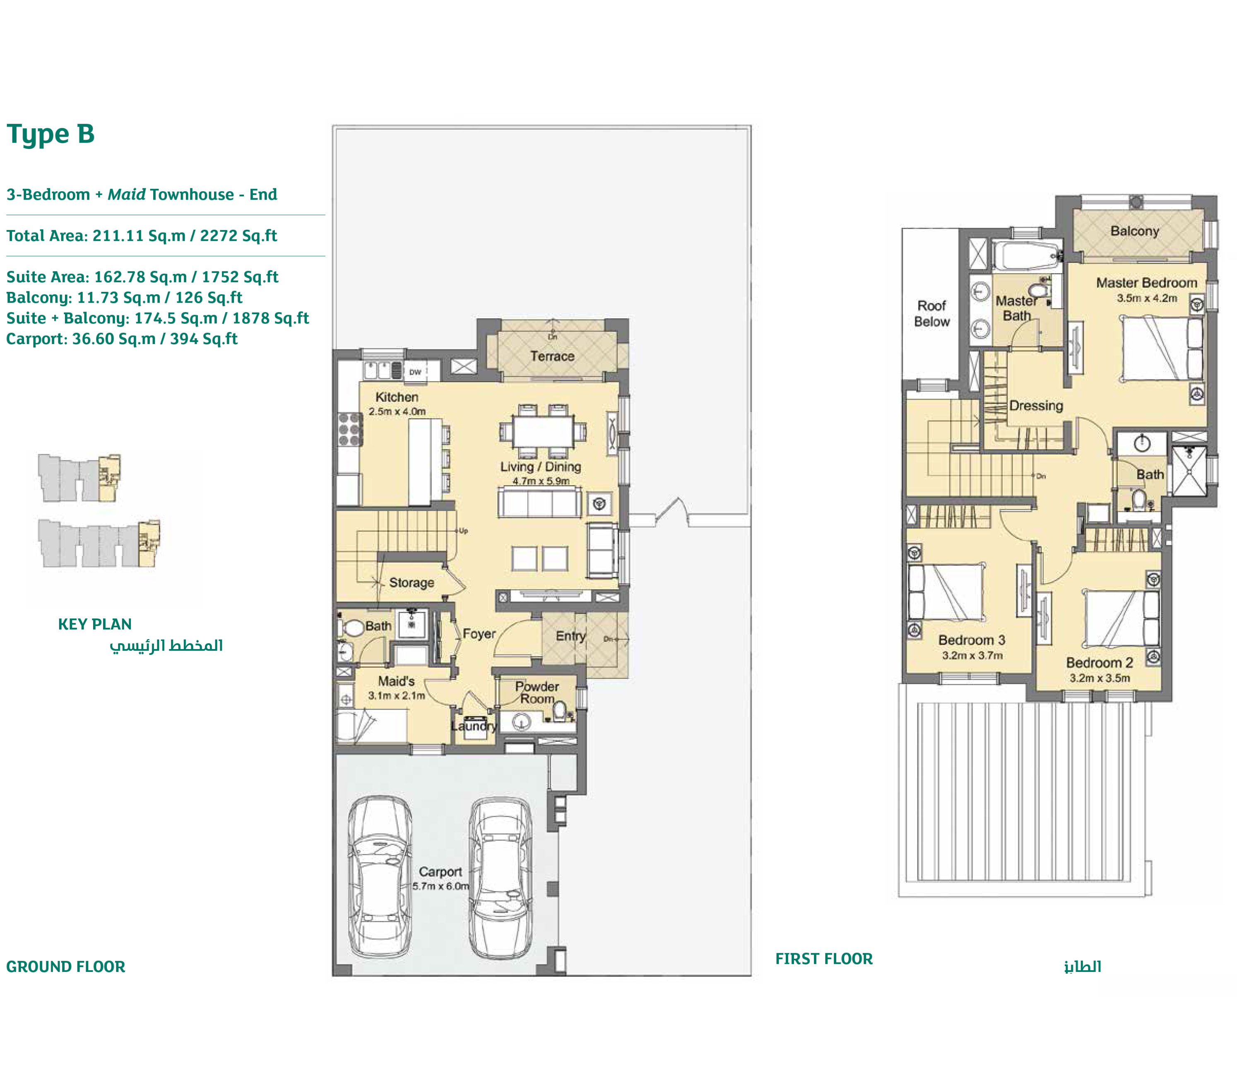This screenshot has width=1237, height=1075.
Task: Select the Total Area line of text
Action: [x=142, y=236]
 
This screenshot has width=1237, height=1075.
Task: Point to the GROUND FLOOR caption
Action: [x=65, y=967]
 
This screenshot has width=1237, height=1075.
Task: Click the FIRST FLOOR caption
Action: [x=824, y=959]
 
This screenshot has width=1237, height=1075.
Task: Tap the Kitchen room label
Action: [x=397, y=397]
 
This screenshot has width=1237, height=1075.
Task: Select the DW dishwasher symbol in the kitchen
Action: [x=415, y=372]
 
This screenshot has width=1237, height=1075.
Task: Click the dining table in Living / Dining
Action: [x=543, y=431]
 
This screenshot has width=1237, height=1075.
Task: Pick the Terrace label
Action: [x=552, y=356]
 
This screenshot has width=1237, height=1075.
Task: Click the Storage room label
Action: [x=411, y=582]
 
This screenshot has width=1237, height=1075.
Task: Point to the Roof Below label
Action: [x=931, y=313]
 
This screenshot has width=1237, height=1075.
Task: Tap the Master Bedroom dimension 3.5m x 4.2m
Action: [x=1146, y=298]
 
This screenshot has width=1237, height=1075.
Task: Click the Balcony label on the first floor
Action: [x=1134, y=231]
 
